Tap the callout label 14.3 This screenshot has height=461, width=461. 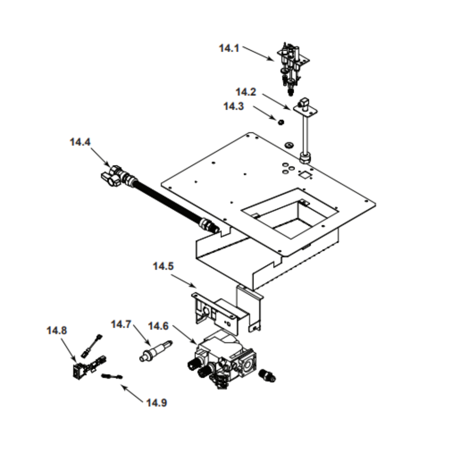tap(233, 106)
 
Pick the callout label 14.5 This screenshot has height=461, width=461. tap(163, 266)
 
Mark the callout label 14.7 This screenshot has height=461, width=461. tap(121, 325)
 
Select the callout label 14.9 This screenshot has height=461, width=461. tap(157, 403)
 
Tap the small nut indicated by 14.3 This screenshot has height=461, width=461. tap(279, 122)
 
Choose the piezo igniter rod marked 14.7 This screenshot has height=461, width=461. tap(154, 350)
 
